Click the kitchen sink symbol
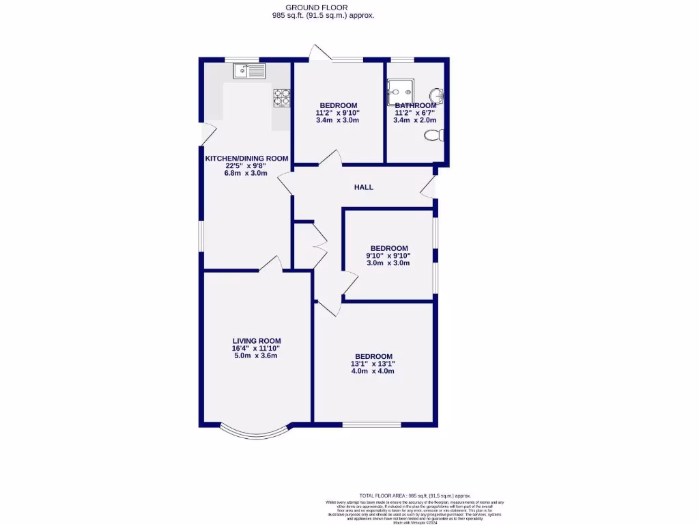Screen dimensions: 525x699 pyautogui.click(x=248, y=70)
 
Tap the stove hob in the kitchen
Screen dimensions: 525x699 pyautogui.click(x=281, y=98)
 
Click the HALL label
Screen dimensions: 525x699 pyautogui.click(x=363, y=187)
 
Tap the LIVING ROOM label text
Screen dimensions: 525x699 pyautogui.click(x=257, y=341)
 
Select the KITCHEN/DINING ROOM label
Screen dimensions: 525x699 pyautogui.click(x=246, y=159)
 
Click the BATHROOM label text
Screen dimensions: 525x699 pyautogui.click(x=415, y=106)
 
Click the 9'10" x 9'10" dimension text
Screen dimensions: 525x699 pyautogui.click(x=388, y=256)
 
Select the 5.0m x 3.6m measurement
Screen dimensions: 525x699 pyautogui.click(x=257, y=355)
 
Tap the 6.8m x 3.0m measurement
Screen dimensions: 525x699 pyautogui.click(x=246, y=173)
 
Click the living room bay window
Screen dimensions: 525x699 pyautogui.click(x=253, y=431)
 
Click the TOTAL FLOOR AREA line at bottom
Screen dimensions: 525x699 pyautogui.click(x=414, y=496)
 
